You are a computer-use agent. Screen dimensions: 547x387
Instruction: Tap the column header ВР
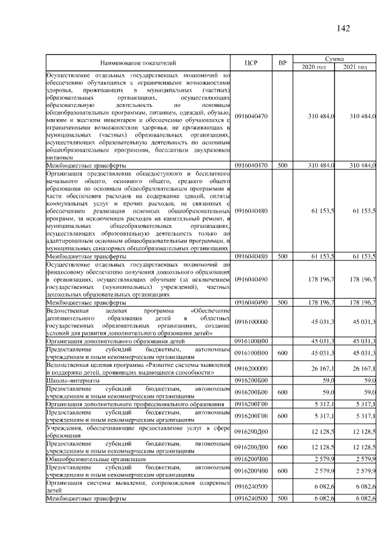(282, 62)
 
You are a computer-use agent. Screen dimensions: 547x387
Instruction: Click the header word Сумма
(335, 58)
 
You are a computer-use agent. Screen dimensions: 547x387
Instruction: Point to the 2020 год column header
(314, 66)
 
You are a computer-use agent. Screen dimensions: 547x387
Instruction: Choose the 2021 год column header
(356, 66)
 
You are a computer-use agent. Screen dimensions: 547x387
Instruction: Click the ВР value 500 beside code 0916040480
(282, 256)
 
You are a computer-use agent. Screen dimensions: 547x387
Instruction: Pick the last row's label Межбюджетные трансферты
(86, 498)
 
